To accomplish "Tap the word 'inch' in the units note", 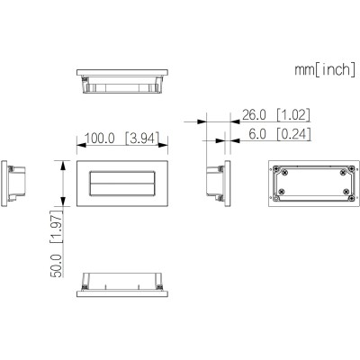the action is click(x=335, y=69).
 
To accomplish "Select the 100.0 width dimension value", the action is click(x=100, y=139).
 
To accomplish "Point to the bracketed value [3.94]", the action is click(x=141, y=138).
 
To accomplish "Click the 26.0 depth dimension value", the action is click(x=254, y=115).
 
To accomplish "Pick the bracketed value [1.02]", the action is click(x=292, y=115).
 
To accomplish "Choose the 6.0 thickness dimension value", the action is click(x=257, y=134).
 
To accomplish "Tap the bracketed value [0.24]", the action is click(x=293, y=134).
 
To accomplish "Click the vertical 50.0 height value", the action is click(x=57, y=265).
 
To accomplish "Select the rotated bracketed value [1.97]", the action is click(x=57, y=227).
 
